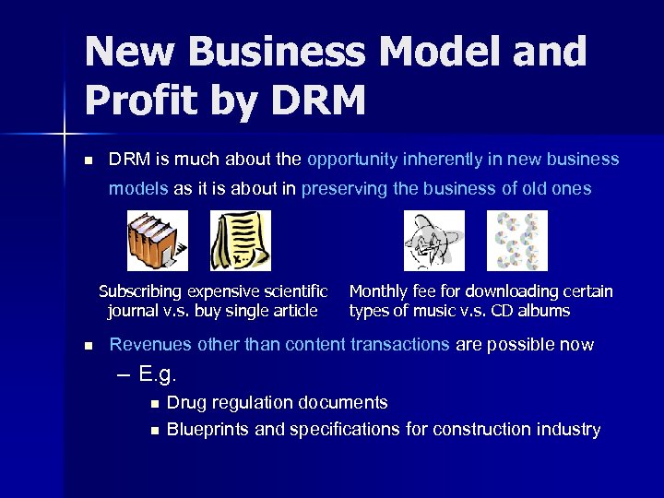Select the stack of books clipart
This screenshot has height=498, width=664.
coord(157,241)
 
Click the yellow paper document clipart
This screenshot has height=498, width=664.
coord(241,241)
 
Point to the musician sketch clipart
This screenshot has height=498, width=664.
coord(434,241)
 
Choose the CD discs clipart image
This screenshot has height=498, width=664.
coord(516,241)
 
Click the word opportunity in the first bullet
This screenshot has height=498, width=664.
coord(351,160)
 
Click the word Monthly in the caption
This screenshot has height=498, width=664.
coord(379,291)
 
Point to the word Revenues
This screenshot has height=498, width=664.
coord(150,345)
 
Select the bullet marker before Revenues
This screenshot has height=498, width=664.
coord(88,346)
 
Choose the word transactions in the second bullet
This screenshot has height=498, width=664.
coord(399,345)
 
